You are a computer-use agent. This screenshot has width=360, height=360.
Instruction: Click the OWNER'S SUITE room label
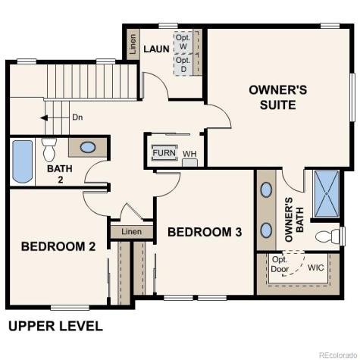click(277, 97)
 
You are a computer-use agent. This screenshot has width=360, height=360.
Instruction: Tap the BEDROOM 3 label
click(205, 232)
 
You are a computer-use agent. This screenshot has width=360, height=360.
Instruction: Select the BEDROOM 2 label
click(58, 246)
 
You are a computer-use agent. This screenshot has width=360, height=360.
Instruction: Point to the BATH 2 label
click(55, 174)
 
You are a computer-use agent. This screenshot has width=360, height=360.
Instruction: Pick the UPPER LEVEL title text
click(55, 327)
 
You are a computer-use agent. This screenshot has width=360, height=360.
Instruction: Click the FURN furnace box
click(164, 153)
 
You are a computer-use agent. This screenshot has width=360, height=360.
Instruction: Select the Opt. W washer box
click(183, 42)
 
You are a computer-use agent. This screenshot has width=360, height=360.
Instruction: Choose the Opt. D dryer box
click(183, 65)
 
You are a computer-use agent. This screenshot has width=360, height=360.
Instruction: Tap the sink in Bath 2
click(88, 147)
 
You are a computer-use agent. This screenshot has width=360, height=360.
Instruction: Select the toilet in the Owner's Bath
click(331, 236)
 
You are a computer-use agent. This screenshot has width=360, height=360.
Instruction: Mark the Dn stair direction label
click(77, 117)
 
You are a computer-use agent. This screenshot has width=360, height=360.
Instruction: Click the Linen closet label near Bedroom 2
click(131, 231)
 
